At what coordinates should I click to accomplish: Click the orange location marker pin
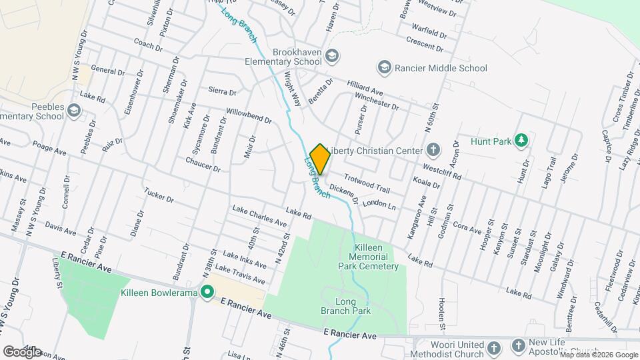[320, 159]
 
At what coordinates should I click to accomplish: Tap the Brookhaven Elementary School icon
[333, 55]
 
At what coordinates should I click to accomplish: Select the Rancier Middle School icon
[384, 67]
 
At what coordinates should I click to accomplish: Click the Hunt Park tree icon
[522, 140]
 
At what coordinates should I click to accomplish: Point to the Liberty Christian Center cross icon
[433, 150]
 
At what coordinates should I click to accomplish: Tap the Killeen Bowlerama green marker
[207, 292]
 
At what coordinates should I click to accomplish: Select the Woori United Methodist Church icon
[493, 348]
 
